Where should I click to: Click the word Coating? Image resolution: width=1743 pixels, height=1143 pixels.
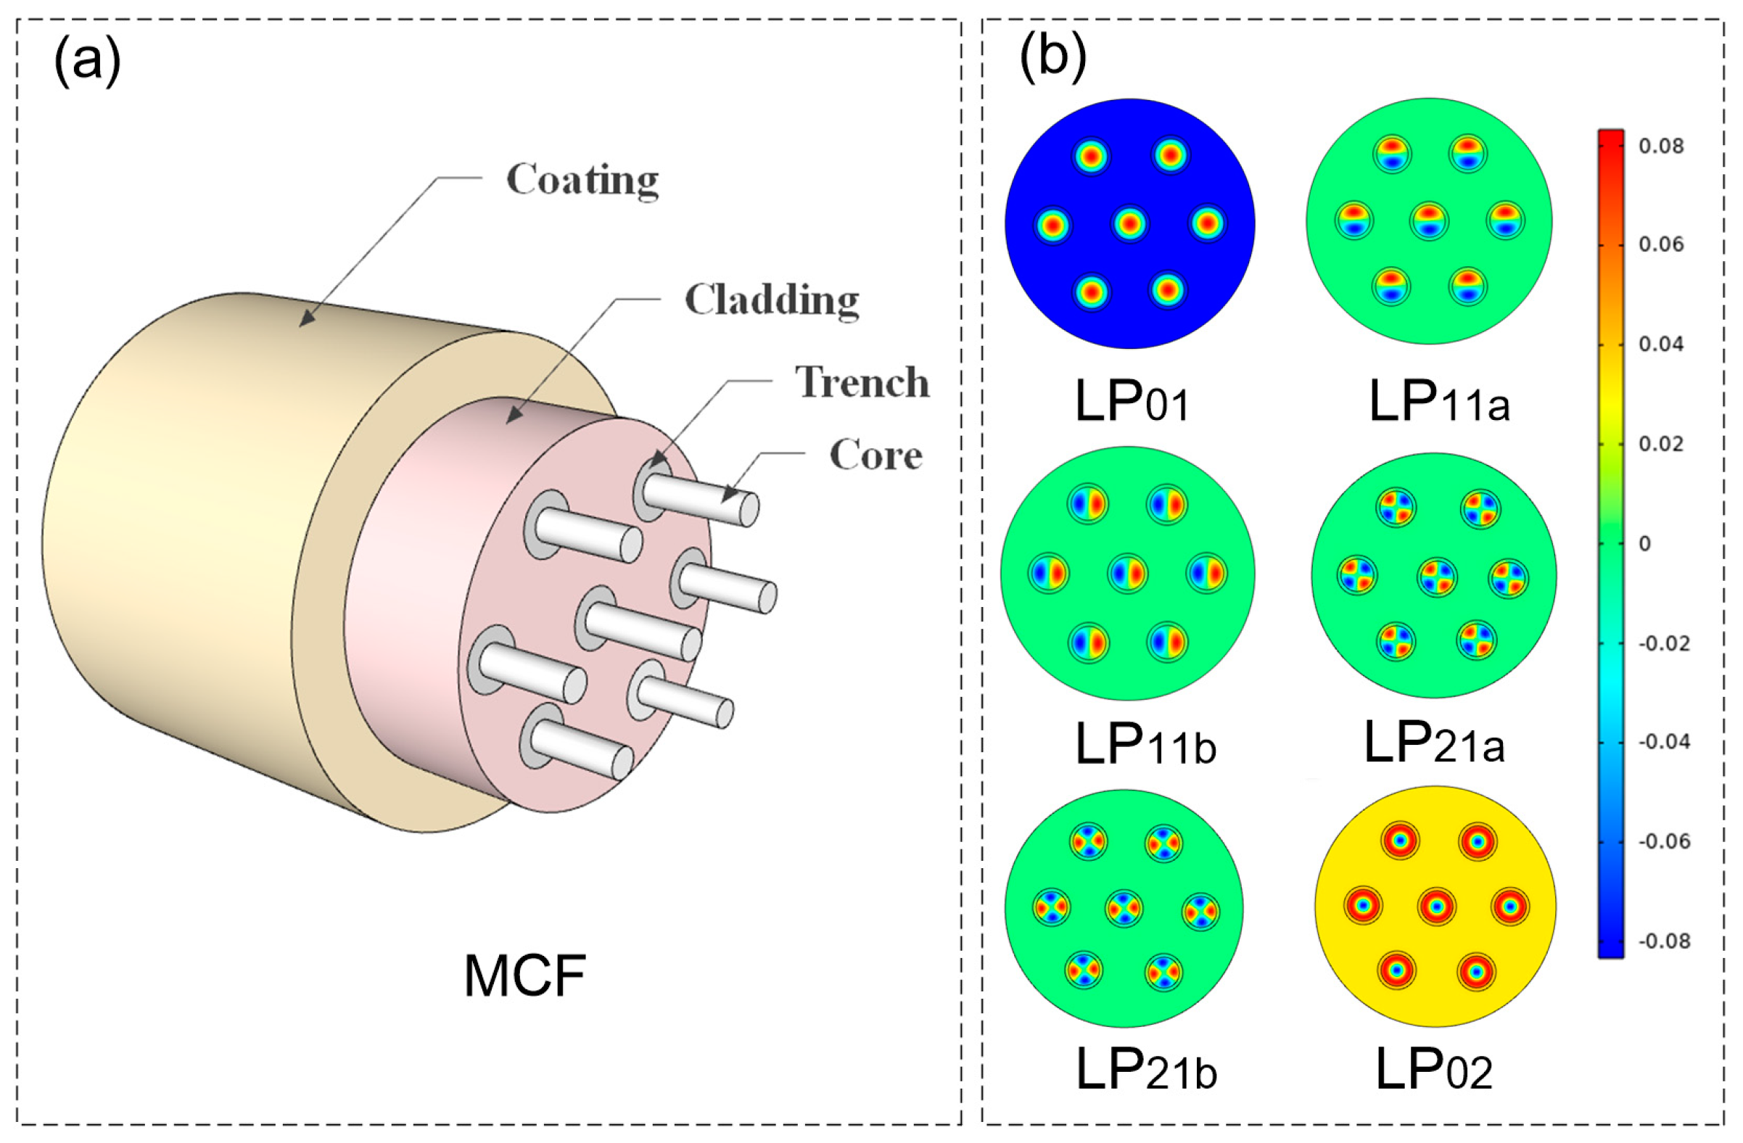(582, 179)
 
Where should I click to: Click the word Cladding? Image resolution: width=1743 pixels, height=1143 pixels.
(771, 300)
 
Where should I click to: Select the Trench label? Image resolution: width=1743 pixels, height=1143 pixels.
(862, 382)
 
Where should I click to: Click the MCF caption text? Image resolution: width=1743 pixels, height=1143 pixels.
(524, 977)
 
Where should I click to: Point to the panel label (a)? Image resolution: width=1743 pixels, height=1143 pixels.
(87, 62)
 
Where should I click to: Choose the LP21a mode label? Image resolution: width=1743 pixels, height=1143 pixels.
(1434, 743)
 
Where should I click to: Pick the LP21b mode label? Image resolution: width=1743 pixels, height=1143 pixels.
(1145, 1070)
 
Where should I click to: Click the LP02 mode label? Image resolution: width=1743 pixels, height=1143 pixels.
(1433, 1070)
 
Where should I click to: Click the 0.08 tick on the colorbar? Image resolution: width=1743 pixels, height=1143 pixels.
(1661, 147)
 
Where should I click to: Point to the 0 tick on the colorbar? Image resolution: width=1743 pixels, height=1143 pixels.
(1645, 544)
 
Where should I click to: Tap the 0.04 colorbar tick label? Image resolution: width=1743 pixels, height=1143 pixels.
(1661, 344)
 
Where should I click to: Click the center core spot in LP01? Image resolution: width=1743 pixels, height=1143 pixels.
(1129, 224)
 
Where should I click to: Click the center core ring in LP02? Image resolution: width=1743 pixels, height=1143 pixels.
(1436, 907)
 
